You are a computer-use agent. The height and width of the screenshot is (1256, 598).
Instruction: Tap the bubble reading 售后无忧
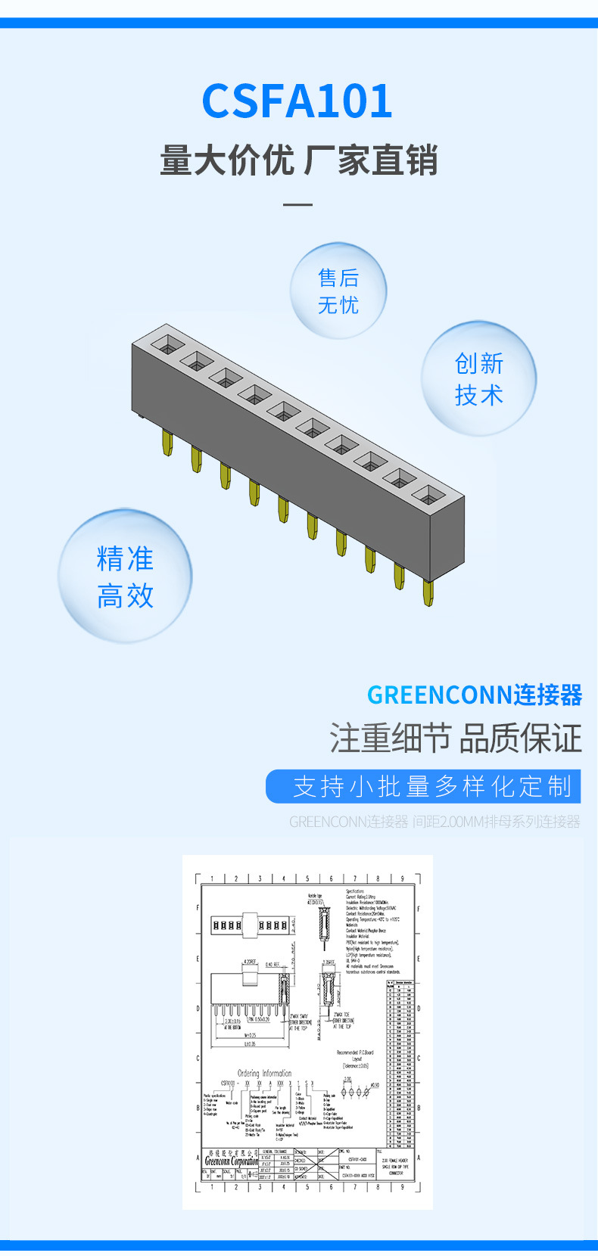point(338,291)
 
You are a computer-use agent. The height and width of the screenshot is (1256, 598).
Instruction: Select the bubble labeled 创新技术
point(478,378)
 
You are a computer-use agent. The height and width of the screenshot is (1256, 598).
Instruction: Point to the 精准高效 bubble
point(125,577)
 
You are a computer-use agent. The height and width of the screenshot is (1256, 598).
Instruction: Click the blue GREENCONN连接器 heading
point(474,695)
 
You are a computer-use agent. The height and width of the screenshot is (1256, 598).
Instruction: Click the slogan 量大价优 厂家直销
point(299,160)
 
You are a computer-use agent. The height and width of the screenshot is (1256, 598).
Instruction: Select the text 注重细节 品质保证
point(455,738)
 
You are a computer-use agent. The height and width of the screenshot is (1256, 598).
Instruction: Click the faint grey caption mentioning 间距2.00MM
point(434,822)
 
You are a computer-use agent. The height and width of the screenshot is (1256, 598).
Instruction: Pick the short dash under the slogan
point(297,204)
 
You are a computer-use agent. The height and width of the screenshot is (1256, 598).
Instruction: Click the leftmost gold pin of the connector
point(167,443)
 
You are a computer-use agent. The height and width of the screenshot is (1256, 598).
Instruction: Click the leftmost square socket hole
point(168,344)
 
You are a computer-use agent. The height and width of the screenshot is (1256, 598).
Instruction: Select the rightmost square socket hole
point(429,495)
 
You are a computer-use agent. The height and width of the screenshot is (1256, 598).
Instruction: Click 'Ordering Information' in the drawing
point(264,1073)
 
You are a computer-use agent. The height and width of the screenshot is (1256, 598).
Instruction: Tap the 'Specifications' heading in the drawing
point(355,891)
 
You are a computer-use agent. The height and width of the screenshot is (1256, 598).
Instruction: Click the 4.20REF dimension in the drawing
point(249,962)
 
